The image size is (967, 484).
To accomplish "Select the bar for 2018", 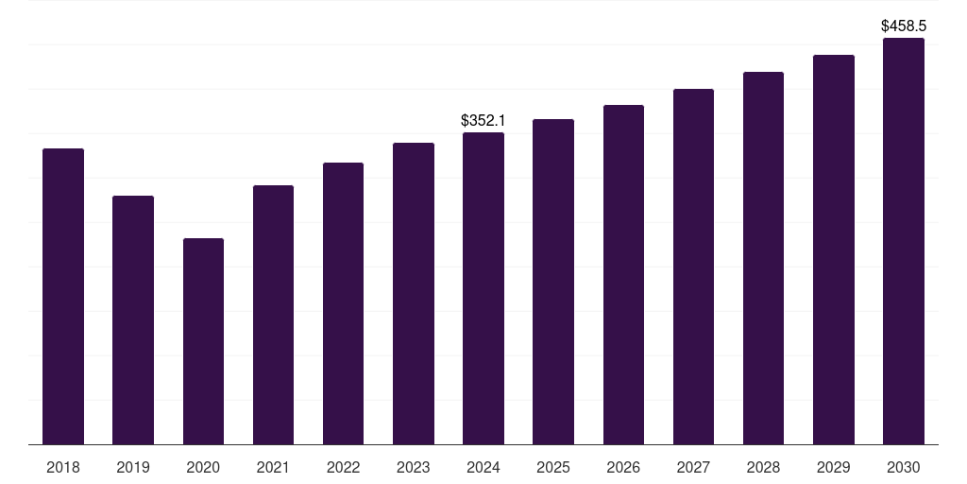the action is coord(63,296).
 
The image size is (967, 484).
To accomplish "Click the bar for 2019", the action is coord(133,320).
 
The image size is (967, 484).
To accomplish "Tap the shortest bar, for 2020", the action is coord(204,341).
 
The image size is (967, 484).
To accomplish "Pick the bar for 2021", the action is coord(273,315).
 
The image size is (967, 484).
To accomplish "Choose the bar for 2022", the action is coord(343,303).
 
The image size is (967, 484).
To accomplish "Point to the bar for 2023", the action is coord(414,294).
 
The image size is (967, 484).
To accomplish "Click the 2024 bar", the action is coord(483,288).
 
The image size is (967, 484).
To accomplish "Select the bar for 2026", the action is coord(623,275).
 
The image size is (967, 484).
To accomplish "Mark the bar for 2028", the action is coord(763,258).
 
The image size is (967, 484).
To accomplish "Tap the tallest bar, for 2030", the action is coord(904,241).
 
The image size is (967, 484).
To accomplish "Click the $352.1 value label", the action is coord(483,120).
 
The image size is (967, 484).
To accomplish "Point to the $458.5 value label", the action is coord(904,26).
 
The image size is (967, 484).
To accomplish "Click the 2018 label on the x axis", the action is coord(63,467).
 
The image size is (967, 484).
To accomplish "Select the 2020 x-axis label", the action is coord(203,467).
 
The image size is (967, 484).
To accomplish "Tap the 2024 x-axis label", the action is coord(483,467).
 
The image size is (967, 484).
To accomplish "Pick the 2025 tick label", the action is coord(553,467).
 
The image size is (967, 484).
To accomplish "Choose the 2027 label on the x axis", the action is coord(693,467).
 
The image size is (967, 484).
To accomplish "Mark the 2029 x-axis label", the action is coord(833,467).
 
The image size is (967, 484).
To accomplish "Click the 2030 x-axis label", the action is coord(904,467).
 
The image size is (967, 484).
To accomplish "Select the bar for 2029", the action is coord(834,250).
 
